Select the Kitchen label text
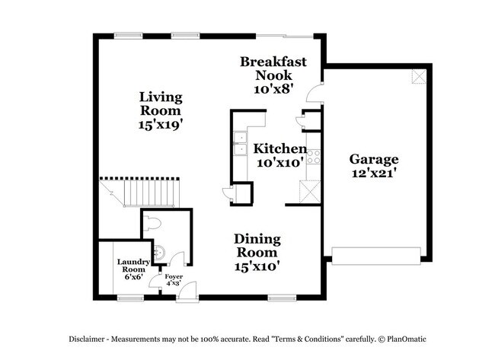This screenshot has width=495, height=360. tap(279, 148)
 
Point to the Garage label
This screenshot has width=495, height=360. tap(373, 159)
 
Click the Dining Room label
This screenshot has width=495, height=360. tap(257, 245)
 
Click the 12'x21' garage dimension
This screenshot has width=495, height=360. tap(373, 174)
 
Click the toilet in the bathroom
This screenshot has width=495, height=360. tap(153, 222)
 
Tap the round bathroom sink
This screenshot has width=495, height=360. tap(158, 252)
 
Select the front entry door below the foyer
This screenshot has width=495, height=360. tap(186, 291)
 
